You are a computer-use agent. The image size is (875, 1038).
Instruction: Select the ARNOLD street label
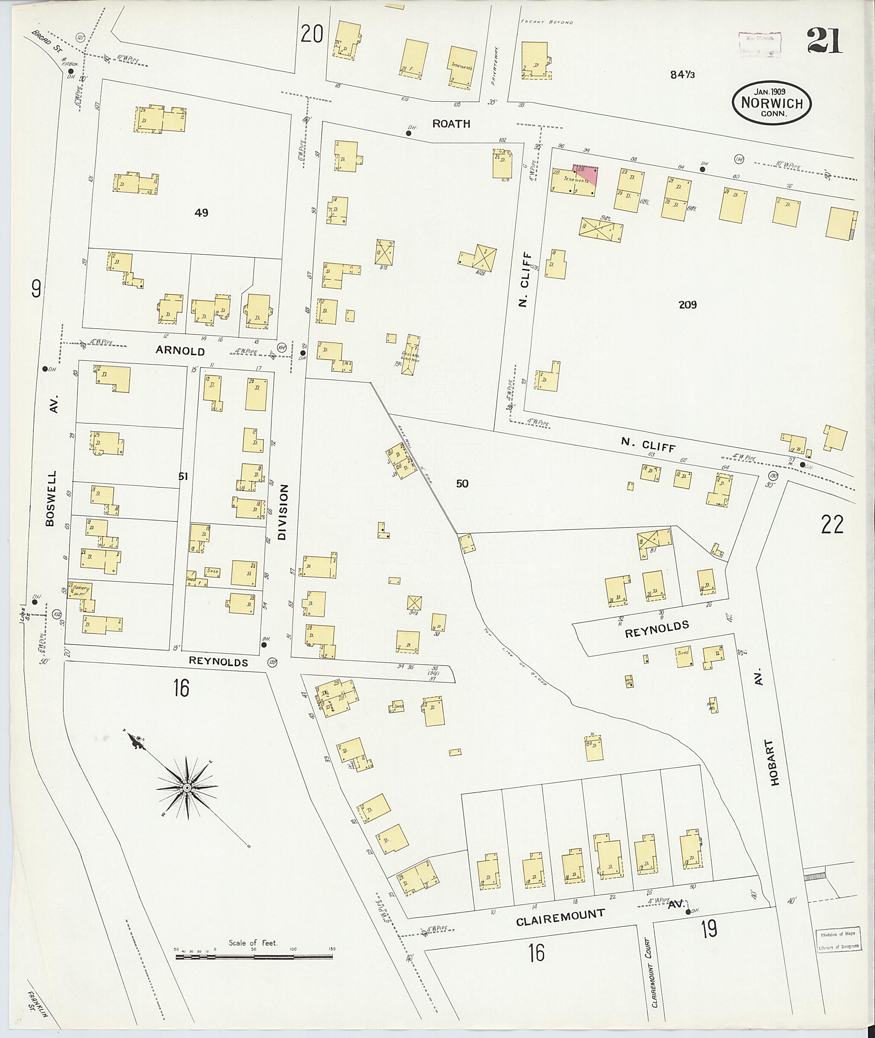[180, 351]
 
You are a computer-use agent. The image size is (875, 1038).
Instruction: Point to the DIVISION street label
[283, 512]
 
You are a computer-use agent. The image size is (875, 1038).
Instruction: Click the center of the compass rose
[187, 788]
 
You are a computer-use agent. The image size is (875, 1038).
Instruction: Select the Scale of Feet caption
[253, 942]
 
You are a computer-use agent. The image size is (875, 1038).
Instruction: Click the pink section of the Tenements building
[589, 175]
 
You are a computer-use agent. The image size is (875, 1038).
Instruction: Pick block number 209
[687, 305]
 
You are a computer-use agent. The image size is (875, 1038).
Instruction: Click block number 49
[201, 213]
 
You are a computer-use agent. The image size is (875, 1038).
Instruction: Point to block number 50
[462, 483]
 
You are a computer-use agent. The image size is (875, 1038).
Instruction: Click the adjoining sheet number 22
[832, 524]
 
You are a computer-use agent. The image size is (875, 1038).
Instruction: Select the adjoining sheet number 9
[36, 288]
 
